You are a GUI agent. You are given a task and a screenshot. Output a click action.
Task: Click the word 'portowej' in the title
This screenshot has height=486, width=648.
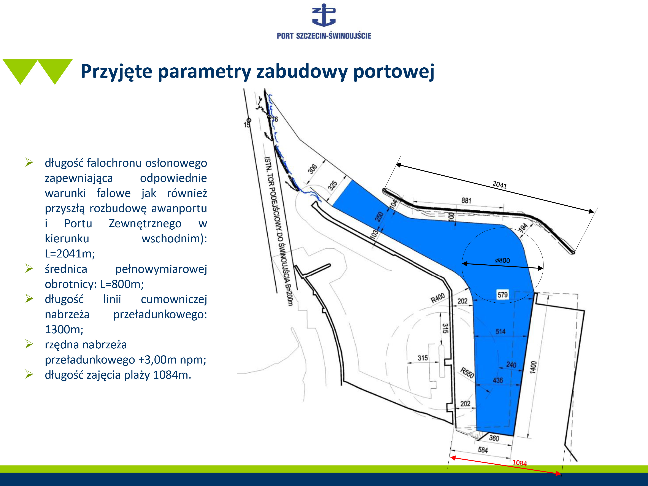tap(394, 71)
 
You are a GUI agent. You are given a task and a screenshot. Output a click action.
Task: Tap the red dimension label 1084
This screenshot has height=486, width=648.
tap(519, 463)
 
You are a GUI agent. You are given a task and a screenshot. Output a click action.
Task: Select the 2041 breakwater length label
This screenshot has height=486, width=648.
tap(499, 184)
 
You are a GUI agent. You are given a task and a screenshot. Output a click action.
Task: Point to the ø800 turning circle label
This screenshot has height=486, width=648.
tap(502, 260)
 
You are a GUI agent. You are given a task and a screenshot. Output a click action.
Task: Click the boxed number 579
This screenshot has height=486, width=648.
tap(503, 295)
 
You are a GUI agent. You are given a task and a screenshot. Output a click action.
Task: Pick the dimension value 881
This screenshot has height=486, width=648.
tap(466, 201)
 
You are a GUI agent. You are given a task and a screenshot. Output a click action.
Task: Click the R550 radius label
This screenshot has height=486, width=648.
tap(467, 373)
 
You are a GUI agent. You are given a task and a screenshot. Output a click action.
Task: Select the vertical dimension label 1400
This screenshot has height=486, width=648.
tap(533, 367)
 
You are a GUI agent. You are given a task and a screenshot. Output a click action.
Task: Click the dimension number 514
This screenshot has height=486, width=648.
tap(500, 332)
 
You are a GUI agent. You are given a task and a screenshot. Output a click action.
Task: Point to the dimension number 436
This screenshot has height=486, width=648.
tap(498, 380)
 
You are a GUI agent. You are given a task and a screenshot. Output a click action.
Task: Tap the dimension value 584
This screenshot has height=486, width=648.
tap(483, 450)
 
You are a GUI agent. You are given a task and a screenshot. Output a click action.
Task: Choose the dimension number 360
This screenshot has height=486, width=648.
tap(494, 438)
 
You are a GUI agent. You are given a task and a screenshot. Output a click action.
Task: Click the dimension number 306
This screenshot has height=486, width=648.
tap(313, 169)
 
